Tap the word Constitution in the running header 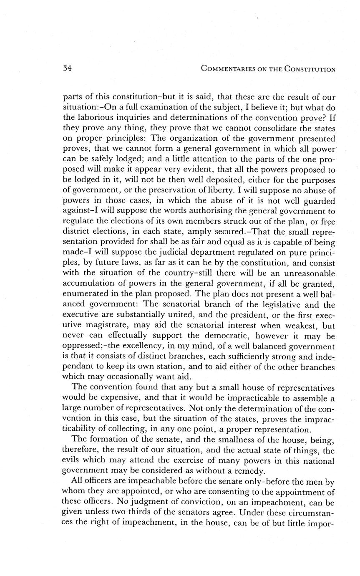click(x=310, y=69)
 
